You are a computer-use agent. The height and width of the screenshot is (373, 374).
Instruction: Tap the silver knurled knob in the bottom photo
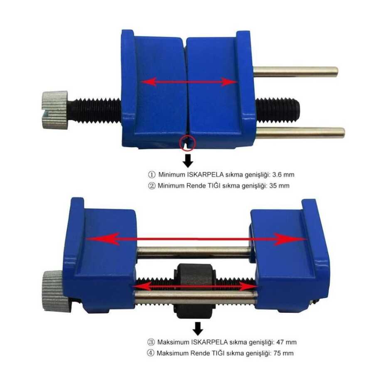(54, 291)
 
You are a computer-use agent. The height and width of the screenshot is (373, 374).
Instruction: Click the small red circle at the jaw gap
(188, 143)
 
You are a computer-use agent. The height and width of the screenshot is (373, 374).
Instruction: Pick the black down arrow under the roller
(198, 329)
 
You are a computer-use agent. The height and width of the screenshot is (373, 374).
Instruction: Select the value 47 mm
(286, 342)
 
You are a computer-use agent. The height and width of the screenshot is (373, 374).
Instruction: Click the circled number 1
(152, 175)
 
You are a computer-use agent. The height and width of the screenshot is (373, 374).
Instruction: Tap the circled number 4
(150, 353)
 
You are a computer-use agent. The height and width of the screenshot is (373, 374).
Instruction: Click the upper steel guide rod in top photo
(295, 72)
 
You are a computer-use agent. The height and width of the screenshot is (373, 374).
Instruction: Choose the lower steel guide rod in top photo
(300, 133)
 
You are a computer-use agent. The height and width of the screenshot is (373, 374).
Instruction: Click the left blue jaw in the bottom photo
(100, 255)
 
